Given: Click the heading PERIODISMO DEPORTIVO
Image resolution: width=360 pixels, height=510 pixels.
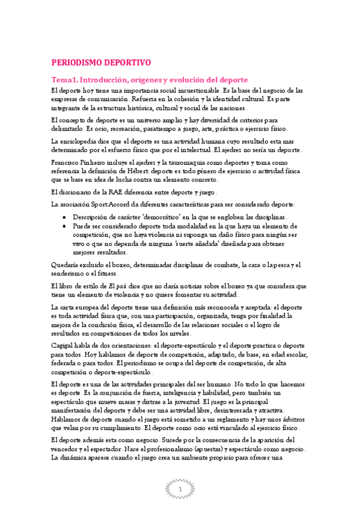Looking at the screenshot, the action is coord(101,62).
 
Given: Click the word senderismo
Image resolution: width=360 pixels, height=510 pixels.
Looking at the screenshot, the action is coord(64,274).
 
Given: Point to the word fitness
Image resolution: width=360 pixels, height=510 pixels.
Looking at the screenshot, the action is coord(107,274).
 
